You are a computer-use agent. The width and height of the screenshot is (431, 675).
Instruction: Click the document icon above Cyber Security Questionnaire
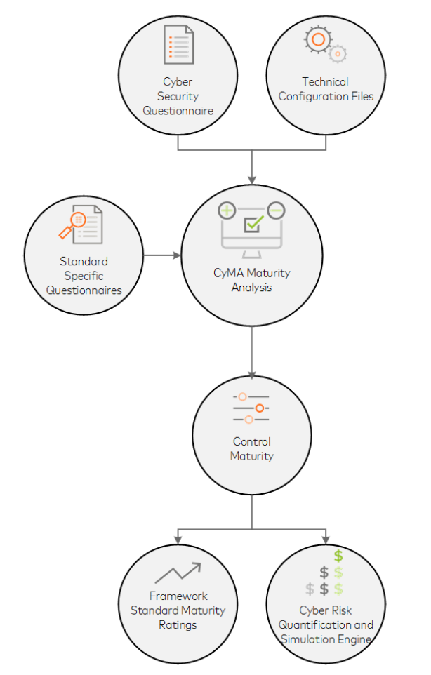pos(178,44)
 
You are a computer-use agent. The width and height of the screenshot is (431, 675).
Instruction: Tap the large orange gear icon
pos(317,39)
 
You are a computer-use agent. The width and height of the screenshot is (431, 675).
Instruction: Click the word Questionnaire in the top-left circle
pos(178,110)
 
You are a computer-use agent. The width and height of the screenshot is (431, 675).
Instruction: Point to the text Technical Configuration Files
pos(325,89)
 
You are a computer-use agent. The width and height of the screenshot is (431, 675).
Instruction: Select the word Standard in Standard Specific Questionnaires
pos(84,261)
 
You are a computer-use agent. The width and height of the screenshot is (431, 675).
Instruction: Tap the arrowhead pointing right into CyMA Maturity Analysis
pos(176,255)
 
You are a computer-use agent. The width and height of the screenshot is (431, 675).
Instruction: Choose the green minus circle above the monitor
pos(276,209)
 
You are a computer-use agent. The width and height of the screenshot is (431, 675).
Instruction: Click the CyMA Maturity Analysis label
pos(251,280)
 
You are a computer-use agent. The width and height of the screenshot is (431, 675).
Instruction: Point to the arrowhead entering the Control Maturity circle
pos(252,375)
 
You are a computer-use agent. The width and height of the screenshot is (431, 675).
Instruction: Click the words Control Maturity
pos(251,449)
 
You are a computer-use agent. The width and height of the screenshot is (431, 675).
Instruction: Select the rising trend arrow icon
pos(178,573)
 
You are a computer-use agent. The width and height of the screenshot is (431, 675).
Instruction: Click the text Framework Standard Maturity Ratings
pos(178,610)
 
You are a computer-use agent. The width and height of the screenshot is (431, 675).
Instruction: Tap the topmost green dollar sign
pos(338,556)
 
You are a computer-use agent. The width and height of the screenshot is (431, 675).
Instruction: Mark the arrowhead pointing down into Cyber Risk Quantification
pos(326,540)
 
